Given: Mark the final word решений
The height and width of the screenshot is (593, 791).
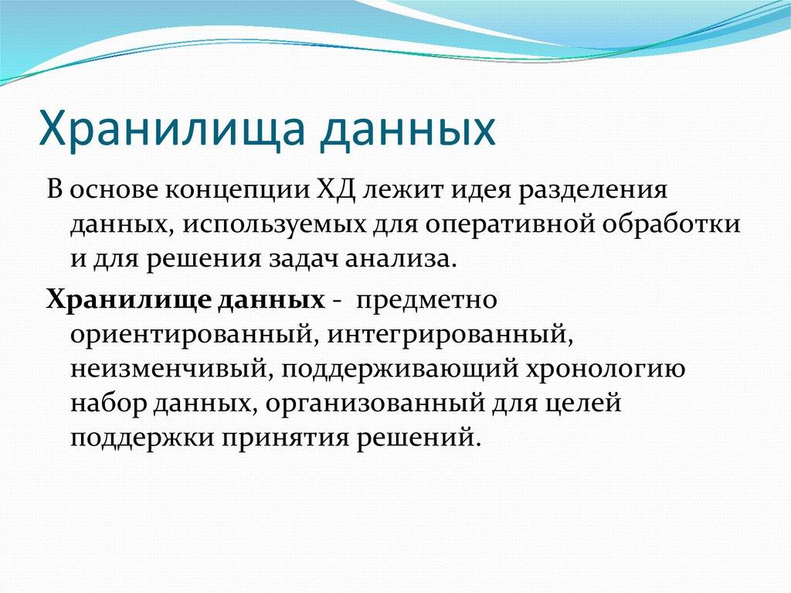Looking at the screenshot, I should tap(428, 437).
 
